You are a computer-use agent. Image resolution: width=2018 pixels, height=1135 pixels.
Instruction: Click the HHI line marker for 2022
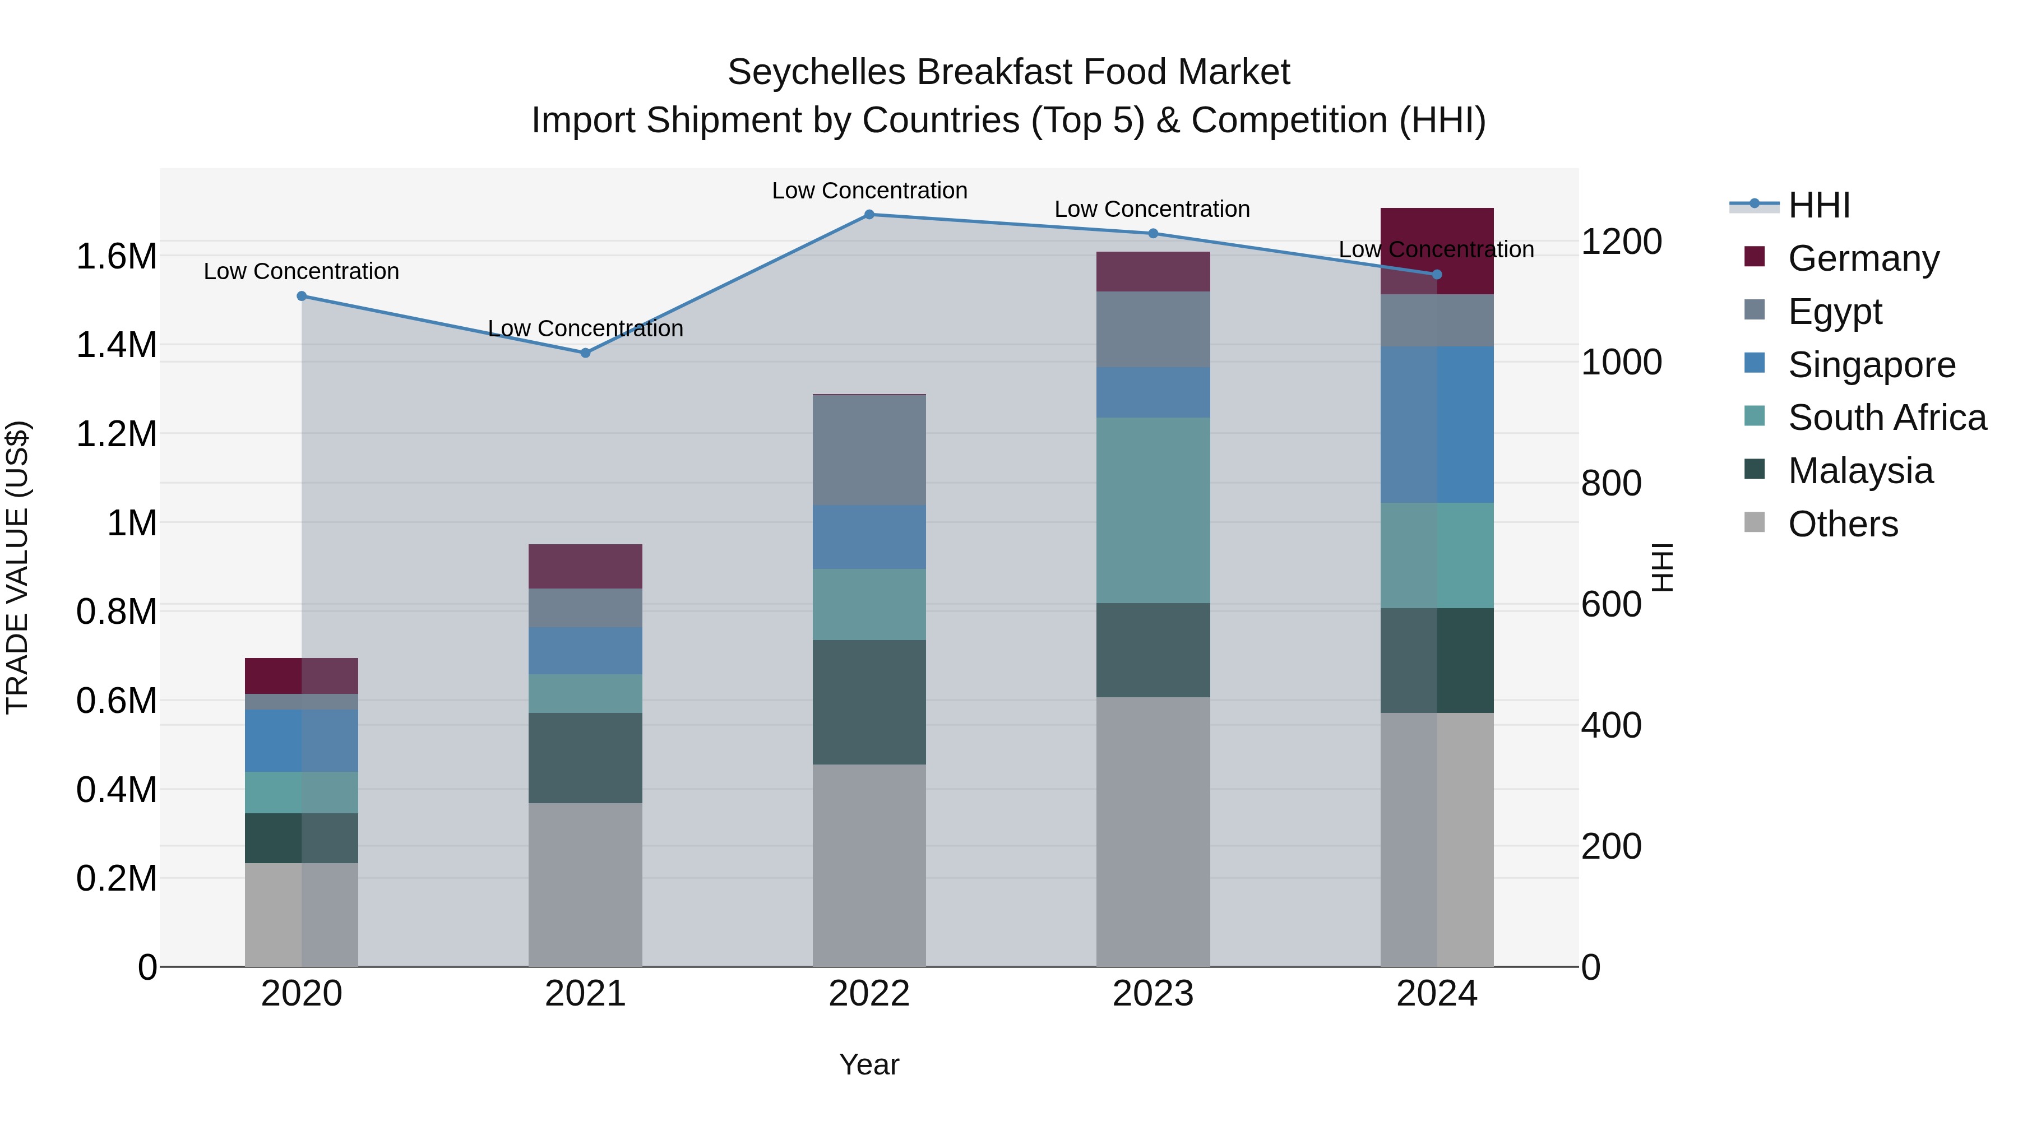tap(869, 214)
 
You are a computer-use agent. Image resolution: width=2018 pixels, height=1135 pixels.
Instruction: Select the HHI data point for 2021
tap(585, 353)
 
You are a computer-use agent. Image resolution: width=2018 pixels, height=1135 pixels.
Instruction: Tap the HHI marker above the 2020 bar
tap(302, 296)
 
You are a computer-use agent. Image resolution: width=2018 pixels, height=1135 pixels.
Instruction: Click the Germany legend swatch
tap(1755, 257)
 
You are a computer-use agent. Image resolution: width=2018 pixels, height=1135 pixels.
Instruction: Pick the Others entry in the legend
tap(1843, 524)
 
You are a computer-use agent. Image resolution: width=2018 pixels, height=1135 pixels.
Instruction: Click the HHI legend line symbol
tap(1755, 205)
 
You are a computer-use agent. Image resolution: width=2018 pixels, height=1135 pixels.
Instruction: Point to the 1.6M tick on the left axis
tap(116, 257)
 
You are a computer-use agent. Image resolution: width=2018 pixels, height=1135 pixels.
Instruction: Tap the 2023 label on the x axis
tap(1153, 994)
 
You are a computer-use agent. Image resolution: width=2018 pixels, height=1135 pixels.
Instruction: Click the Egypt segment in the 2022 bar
tap(869, 451)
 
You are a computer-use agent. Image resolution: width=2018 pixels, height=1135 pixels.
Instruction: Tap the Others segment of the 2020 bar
tap(302, 914)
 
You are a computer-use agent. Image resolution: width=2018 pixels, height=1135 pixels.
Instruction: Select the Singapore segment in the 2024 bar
tap(1436, 424)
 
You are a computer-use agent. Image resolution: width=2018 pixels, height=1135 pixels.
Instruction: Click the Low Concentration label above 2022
tap(869, 191)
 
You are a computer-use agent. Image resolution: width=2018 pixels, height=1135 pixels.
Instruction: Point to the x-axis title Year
tap(869, 1064)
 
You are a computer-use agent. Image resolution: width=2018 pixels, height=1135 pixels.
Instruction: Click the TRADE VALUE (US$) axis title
tap(18, 567)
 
